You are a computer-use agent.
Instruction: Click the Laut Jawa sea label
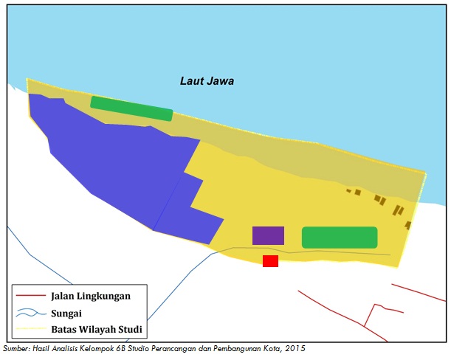point(207,81)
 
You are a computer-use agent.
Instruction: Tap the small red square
point(270,261)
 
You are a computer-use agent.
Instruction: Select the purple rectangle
point(268,235)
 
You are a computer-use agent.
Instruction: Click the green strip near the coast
point(131,108)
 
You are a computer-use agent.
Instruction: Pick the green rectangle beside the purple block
point(340,238)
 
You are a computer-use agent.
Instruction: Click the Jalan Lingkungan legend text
point(91,297)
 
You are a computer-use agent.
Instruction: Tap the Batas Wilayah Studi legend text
point(96,329)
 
